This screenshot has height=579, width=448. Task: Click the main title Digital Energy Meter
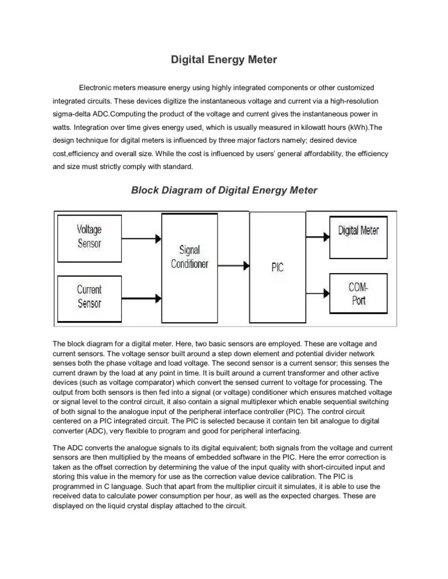pos(223,59)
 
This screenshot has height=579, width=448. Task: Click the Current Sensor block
pos(89,296)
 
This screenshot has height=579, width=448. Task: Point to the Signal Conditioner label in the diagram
pos(190,257)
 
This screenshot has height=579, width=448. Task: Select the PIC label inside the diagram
pos(278,268)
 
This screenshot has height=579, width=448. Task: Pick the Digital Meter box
pos(359,230)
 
